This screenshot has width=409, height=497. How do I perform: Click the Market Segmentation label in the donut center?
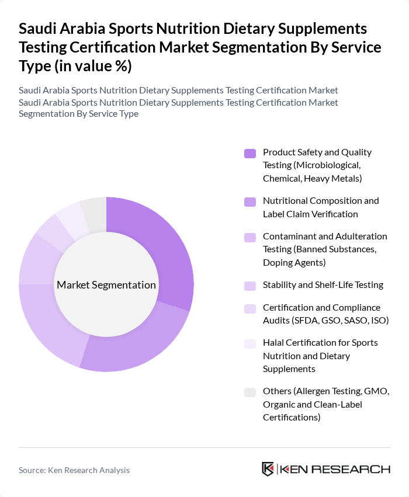point(106,285)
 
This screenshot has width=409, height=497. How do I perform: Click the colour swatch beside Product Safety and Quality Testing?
point(250,154)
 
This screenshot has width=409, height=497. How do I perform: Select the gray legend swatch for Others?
point(250,392)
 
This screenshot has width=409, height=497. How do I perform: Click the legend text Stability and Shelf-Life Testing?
point(323,285)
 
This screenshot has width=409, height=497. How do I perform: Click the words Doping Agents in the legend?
point(294,263)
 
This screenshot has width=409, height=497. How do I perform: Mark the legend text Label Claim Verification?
point(310,214)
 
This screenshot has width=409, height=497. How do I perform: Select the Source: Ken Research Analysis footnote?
point(74,470)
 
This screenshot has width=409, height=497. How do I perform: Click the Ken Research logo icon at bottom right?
point(268,469)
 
